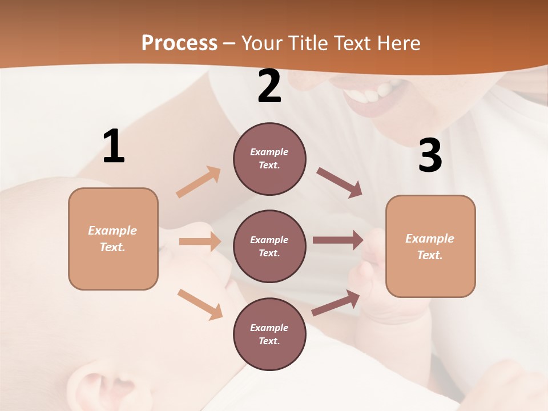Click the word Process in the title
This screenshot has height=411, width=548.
click(179, 43)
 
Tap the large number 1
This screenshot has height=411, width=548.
click(114, 146)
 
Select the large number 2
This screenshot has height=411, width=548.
click(269, 86)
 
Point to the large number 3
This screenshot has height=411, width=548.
click(430, 156)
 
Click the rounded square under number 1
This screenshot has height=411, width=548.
click(113, 239)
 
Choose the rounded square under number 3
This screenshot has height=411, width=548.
click(430, 247)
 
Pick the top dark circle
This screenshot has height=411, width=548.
click(269, 159)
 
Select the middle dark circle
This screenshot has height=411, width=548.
click(269, 247)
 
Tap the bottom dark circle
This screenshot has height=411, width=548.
click(269, 335)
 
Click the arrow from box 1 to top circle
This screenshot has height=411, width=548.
click(199, 182)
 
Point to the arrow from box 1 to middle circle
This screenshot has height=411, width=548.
click(200, 241)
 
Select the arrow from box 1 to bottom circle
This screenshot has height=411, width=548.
click(200, 304)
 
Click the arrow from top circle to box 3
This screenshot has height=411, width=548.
click(340, 183)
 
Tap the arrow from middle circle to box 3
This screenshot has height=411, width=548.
click(338, 240)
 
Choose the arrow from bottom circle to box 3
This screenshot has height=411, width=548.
click(336, 303)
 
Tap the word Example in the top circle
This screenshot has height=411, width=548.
click(269, 152)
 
